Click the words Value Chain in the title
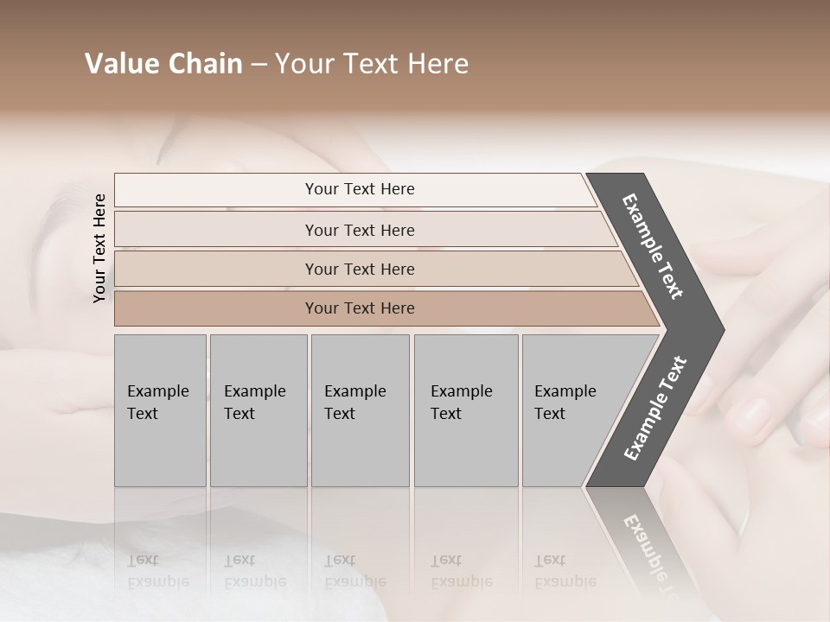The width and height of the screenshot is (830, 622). click(x=163, y=64)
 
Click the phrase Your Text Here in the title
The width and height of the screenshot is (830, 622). click(x=372, y=64)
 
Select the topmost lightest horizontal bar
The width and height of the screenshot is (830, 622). click(x=354, y=189)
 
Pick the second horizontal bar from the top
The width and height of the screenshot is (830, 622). click(x=360, y=230)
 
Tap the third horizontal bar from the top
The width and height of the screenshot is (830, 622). click(x=360, y=269)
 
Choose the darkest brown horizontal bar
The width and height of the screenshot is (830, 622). click(x=360, y=308)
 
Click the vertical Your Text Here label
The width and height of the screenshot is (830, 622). click(x=99, y=248)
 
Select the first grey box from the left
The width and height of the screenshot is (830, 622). click(x=160, y=410)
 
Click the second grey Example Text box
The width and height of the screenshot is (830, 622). click(x=258, y=410)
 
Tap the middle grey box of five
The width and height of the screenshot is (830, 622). click(x=360, y=410)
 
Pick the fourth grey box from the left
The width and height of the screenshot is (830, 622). click(x=465, y=410)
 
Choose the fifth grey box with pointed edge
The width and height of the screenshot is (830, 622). click(x=571, y=410)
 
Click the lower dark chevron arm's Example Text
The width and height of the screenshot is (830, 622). click(x=655, y=409)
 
